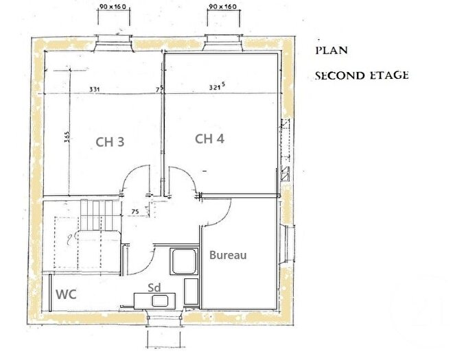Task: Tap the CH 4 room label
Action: tap(210, 139)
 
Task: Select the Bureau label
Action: tap(228, 255)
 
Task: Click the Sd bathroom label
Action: tap(155, 288)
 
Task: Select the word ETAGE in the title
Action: tap(386, 75)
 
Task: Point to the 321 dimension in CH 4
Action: tap(218, 88)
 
